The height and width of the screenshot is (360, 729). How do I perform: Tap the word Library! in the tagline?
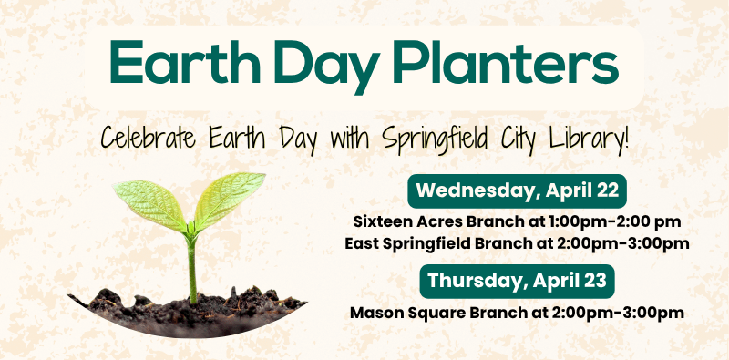pyautogui.click(x=594, y=141)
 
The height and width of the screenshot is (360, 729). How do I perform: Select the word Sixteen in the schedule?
pyautogui.click(x=381, y=221)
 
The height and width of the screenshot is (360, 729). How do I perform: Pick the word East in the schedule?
pyautogui.click(x=363, y=243)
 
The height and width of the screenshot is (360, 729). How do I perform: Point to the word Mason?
pyautogui.click(x=375, y=312)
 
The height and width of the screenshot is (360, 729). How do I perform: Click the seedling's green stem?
pyautogui.click(x=192, y=269)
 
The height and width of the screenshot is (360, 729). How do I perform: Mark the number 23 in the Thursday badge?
pyautogui.click(x=595, y=280)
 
